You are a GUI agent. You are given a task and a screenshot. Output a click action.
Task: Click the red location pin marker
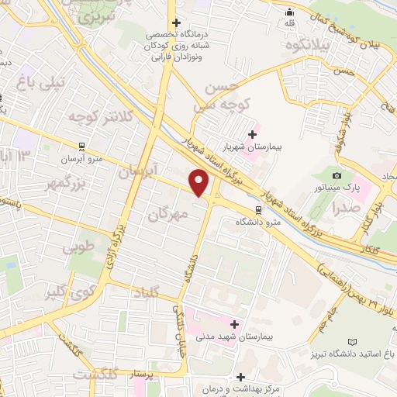coord(200,183)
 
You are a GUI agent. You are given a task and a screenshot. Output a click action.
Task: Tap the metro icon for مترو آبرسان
coord(82,146)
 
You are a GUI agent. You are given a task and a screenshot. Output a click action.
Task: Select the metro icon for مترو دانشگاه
coord(258,209)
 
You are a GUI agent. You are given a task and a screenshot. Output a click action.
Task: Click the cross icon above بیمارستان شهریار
coord(252,134)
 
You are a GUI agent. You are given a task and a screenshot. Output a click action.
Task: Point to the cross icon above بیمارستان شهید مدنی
coord(236,323)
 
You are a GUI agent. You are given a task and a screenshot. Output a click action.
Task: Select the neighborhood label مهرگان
coord(167,215)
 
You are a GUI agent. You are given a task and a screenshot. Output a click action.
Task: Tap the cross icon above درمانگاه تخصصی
coord(177,23)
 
